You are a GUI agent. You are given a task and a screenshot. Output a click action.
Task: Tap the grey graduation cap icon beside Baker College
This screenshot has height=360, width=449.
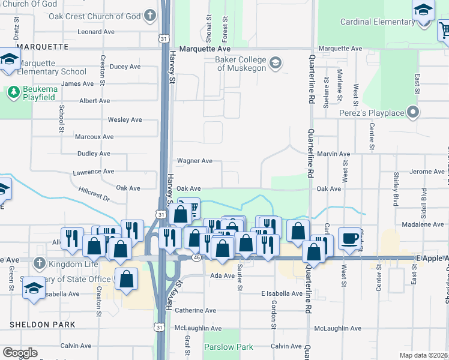pyautogui.click(x=276, y=63)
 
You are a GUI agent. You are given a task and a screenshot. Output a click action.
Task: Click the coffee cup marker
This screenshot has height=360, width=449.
pyautogui.click(x=349, y=238)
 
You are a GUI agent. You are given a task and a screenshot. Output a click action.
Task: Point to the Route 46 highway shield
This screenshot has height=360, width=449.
pyautogui.click(x=196, y=256)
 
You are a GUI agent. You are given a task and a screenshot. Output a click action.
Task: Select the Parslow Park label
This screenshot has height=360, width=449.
pyautogui.click(x=228, y=347)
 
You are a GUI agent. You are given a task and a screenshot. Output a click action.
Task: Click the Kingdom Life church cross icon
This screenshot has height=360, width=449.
pyautogui.click(x=39, y=263)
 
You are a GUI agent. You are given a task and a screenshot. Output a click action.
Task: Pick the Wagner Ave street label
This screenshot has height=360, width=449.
pyautogui.click(x=194, y=161)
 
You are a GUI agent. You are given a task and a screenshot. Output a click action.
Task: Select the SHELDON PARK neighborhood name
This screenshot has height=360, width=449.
pyautogui.click(x=42, y=325)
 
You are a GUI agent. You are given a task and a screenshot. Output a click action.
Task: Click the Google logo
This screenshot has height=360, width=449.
pyautogui.click(x=20, y=353)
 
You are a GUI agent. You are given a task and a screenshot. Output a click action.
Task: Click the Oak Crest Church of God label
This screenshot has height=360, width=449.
pyautogui.click(x=103, y=16)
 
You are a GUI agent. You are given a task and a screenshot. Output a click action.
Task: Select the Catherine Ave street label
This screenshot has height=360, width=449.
pyautogui.click(x=195, y=310)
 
